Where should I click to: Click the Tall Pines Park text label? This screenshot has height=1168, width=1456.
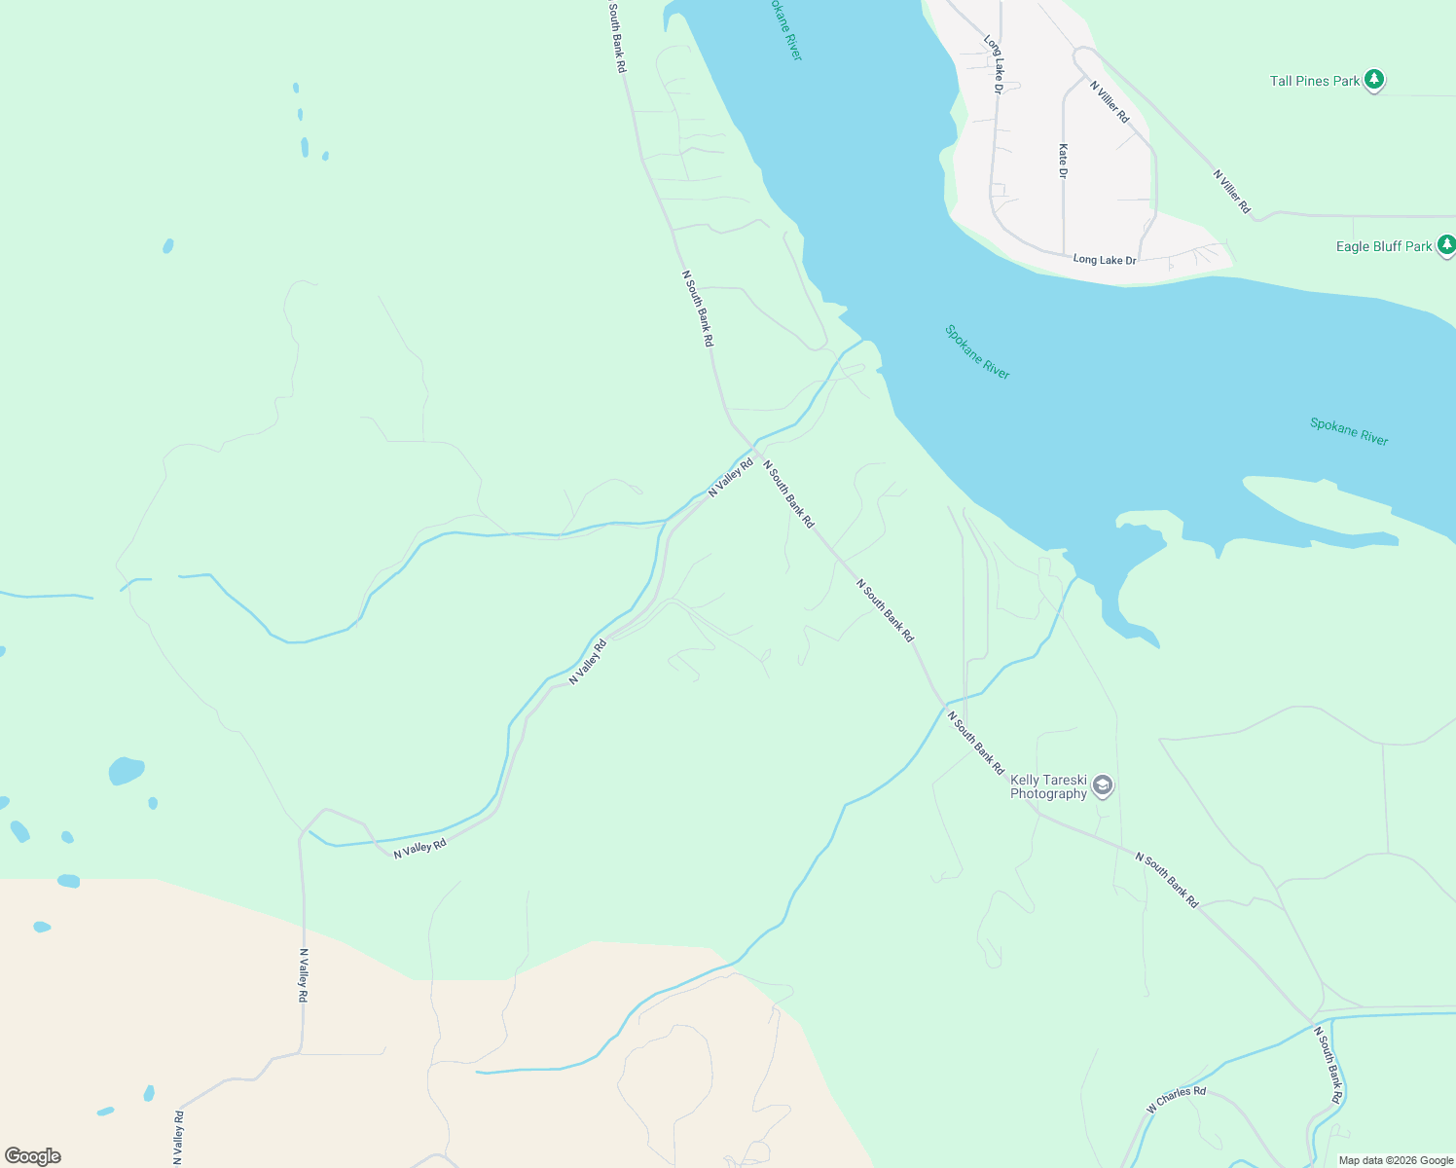[1314, 81]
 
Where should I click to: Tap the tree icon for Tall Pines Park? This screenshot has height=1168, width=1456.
[1373, 80]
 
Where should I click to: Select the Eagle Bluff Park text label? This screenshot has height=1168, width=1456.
[1383, 246]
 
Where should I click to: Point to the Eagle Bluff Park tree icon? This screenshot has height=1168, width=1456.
[1446, 244]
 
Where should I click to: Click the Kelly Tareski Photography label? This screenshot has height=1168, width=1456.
[1048, 786]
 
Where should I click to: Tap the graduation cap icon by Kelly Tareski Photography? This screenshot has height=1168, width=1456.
[1102, 785]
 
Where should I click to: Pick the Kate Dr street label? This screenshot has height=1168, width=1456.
[1063, 161]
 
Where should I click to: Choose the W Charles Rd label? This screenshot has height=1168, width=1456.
[1176, 1100]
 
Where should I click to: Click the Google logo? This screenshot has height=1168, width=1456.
[32, 1156]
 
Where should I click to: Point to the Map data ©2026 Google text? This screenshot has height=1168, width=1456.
[1396, 1160]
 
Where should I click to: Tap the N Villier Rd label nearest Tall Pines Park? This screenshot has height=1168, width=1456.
[1110, 102]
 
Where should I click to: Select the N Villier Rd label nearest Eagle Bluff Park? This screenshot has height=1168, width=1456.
[1231, 192]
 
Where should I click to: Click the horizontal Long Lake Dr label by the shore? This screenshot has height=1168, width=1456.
[1104, 260]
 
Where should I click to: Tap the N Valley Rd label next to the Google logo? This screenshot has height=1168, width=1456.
[178, 1138]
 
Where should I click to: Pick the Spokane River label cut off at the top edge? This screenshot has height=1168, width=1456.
[783, 29]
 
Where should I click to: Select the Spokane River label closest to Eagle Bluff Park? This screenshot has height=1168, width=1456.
[1349, 431]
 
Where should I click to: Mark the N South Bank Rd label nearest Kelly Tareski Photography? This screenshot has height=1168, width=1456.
[975, 744]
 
